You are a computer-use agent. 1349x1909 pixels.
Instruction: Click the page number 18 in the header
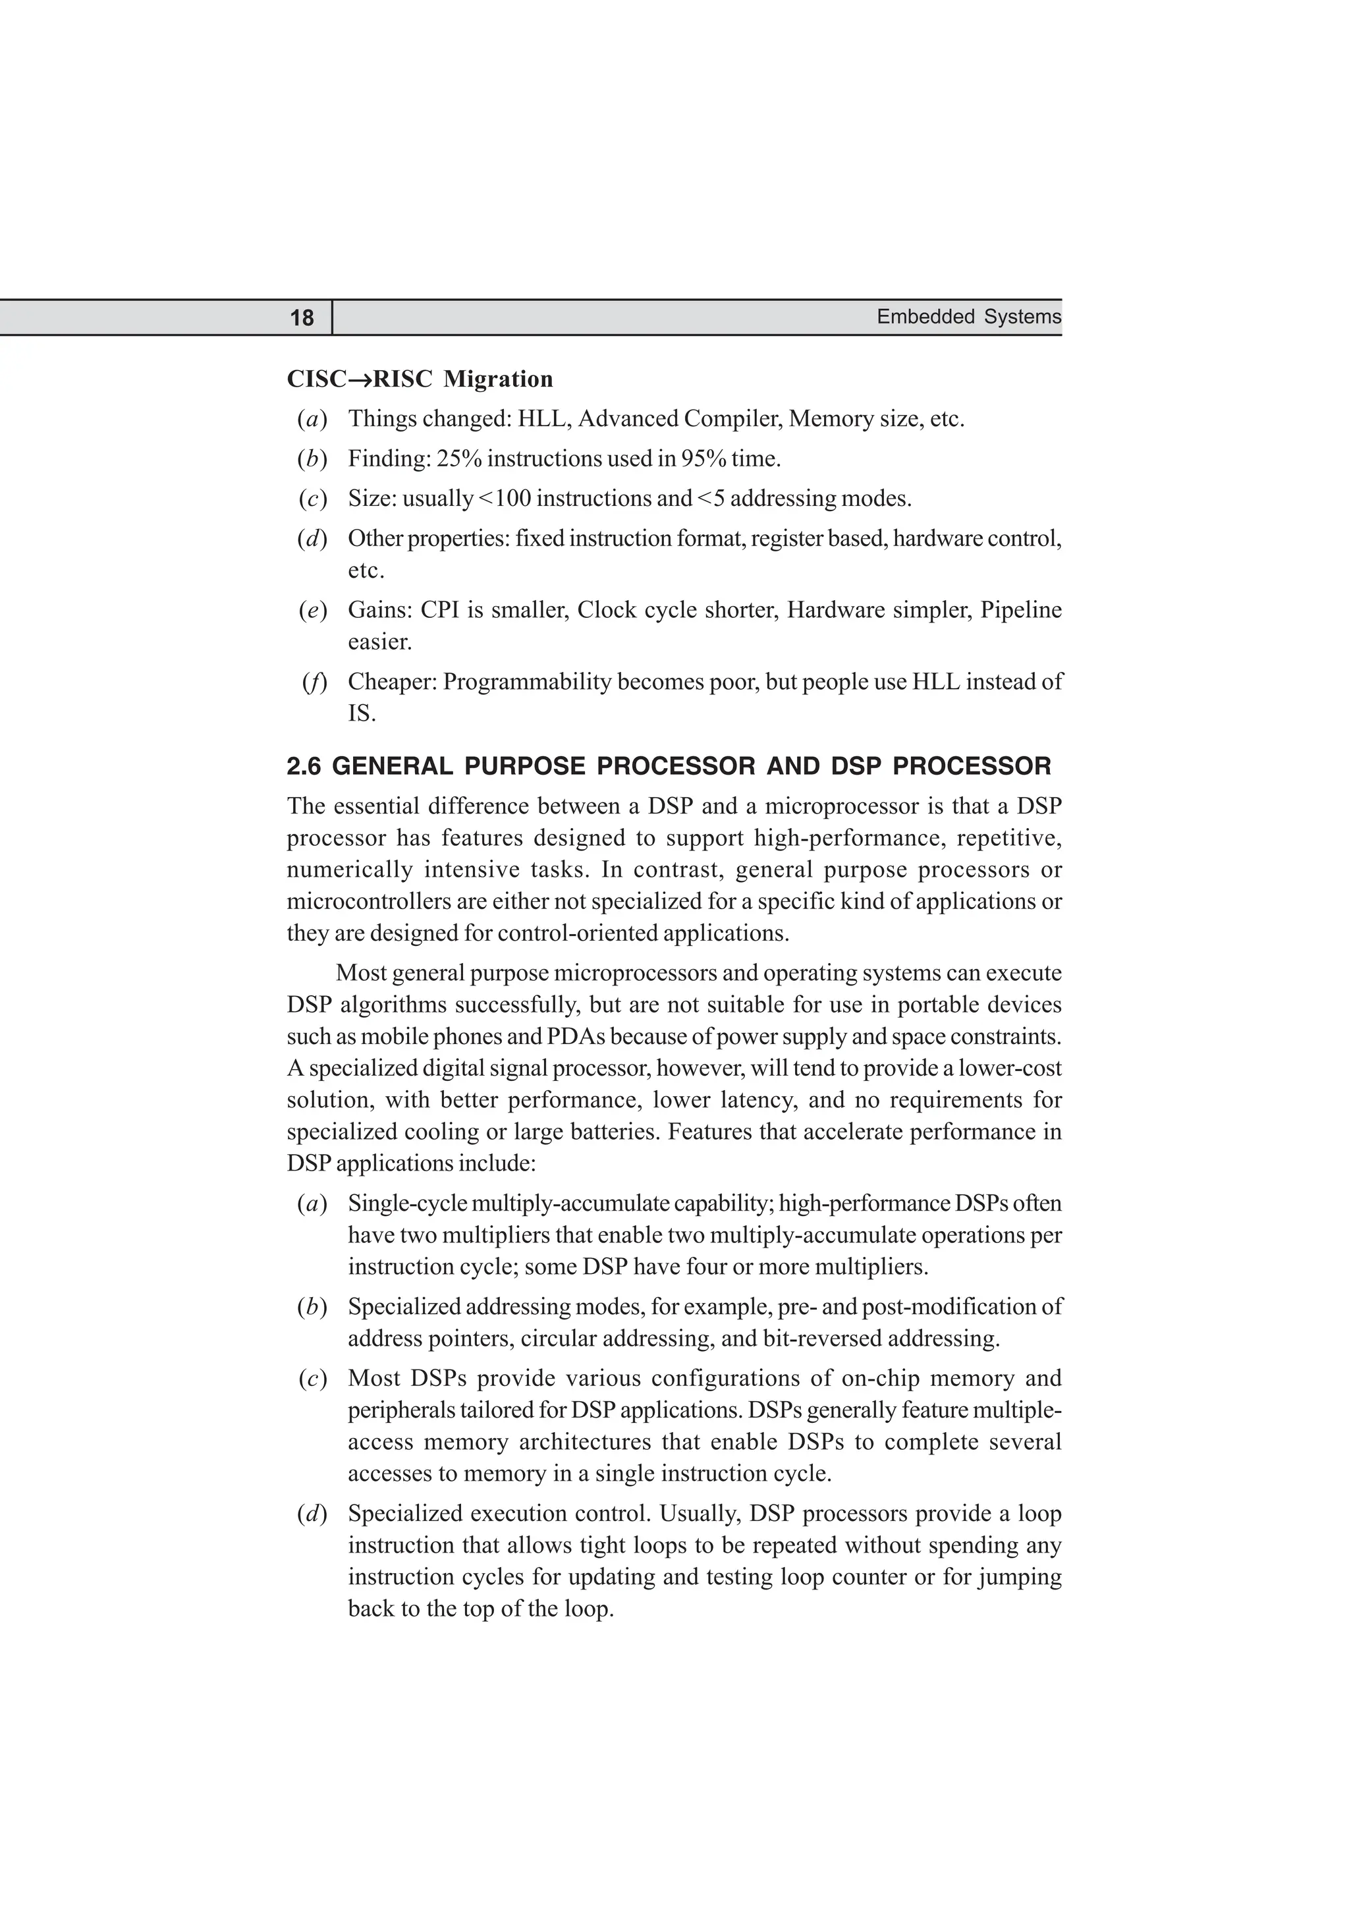point(302,318)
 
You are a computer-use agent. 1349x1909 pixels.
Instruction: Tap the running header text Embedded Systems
point(968,317)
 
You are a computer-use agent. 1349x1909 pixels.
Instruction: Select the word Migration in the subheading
point(498,379)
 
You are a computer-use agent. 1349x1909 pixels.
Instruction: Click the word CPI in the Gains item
point(440,610)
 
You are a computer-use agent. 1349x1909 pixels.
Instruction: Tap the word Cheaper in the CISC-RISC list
point(391,682)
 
